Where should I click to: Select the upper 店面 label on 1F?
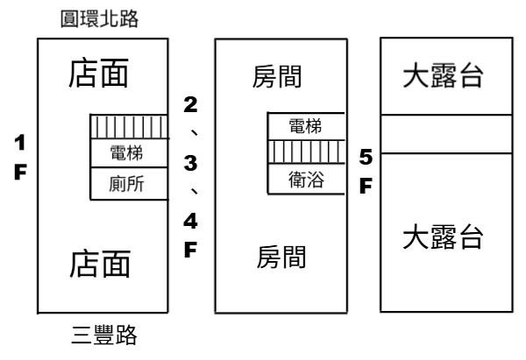100,78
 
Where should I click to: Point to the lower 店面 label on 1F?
100,263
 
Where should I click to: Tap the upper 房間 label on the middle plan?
281,80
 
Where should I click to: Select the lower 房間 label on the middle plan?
281,257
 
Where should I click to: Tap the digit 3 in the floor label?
188,163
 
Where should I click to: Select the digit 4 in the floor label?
188,219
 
